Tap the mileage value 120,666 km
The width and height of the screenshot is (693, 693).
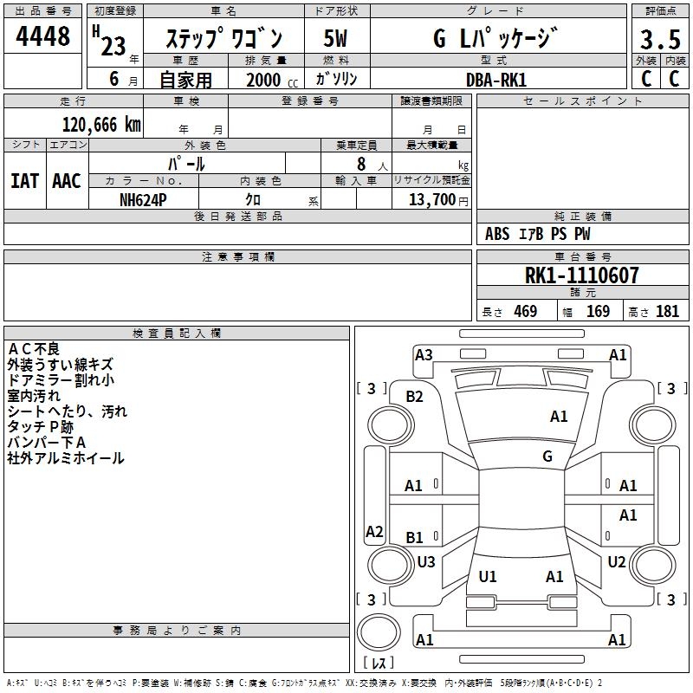pos(101,124)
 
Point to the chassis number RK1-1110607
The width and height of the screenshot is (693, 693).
pos(582,275)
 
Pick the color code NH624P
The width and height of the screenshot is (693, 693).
pos(144,198)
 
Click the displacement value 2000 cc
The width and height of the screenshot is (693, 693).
pos(263,80)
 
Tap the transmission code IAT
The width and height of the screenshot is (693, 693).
pos(24,180)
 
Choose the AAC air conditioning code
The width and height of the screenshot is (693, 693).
pos(66,180)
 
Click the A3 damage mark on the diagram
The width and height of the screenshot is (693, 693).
pos(424,354)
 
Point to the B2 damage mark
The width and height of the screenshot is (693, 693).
pos(415,397)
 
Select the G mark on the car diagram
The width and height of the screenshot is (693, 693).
pos(547,456)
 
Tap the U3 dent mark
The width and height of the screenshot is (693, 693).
pos(425,561)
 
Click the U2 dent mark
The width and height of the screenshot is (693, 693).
pos(616,561)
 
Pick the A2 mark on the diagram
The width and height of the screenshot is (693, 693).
pos(374,531)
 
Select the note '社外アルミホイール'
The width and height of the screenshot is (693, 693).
pos(66,457)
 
